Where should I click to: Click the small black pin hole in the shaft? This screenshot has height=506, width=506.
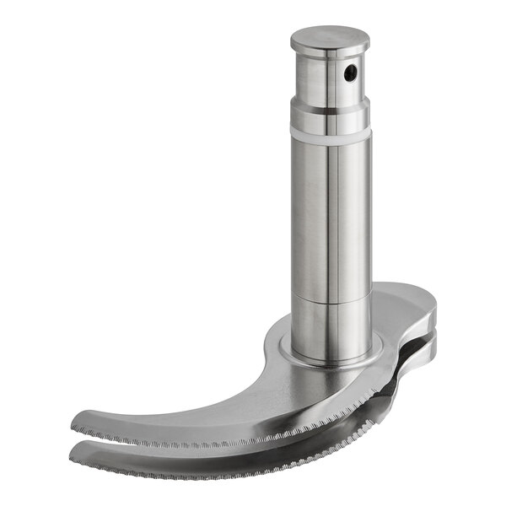pyautogui.click(x=349, y=75)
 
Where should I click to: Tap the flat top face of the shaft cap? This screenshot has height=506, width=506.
pyautogui.click(x=330, y=37)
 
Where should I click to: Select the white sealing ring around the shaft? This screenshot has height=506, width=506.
pyautogui.click(x=331, y=138)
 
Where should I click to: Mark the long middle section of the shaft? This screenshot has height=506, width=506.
pyautogui.click(x=331, y=219)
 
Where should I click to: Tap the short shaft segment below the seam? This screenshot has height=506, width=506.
pyautogui.click(x=331, y=325)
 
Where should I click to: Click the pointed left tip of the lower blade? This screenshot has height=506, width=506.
pyautogui.click(x=74, y=446)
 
